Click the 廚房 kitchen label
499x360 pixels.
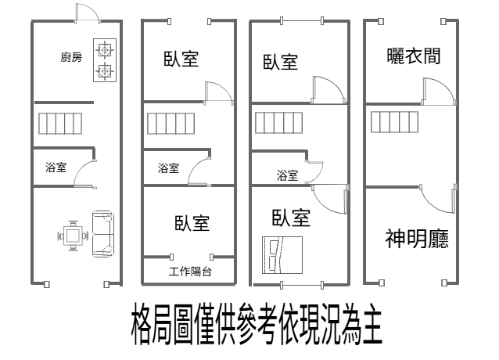72,57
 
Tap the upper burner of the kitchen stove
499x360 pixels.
104,49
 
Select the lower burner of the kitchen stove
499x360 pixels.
104,71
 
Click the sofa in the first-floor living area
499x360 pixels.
102,234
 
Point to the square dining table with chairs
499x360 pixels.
73,236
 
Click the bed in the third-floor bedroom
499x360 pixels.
282,255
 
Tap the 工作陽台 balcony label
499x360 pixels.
190,272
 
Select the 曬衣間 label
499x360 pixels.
414,56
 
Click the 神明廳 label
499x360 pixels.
417,239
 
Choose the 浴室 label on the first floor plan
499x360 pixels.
56,167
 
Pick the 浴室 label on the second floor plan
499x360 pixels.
169,168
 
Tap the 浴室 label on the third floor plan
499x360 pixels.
287,175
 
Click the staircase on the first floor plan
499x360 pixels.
60,124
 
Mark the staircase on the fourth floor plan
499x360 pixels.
395,122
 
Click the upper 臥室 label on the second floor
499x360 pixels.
181,59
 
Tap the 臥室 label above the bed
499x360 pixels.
291,218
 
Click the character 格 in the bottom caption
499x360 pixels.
141,324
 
